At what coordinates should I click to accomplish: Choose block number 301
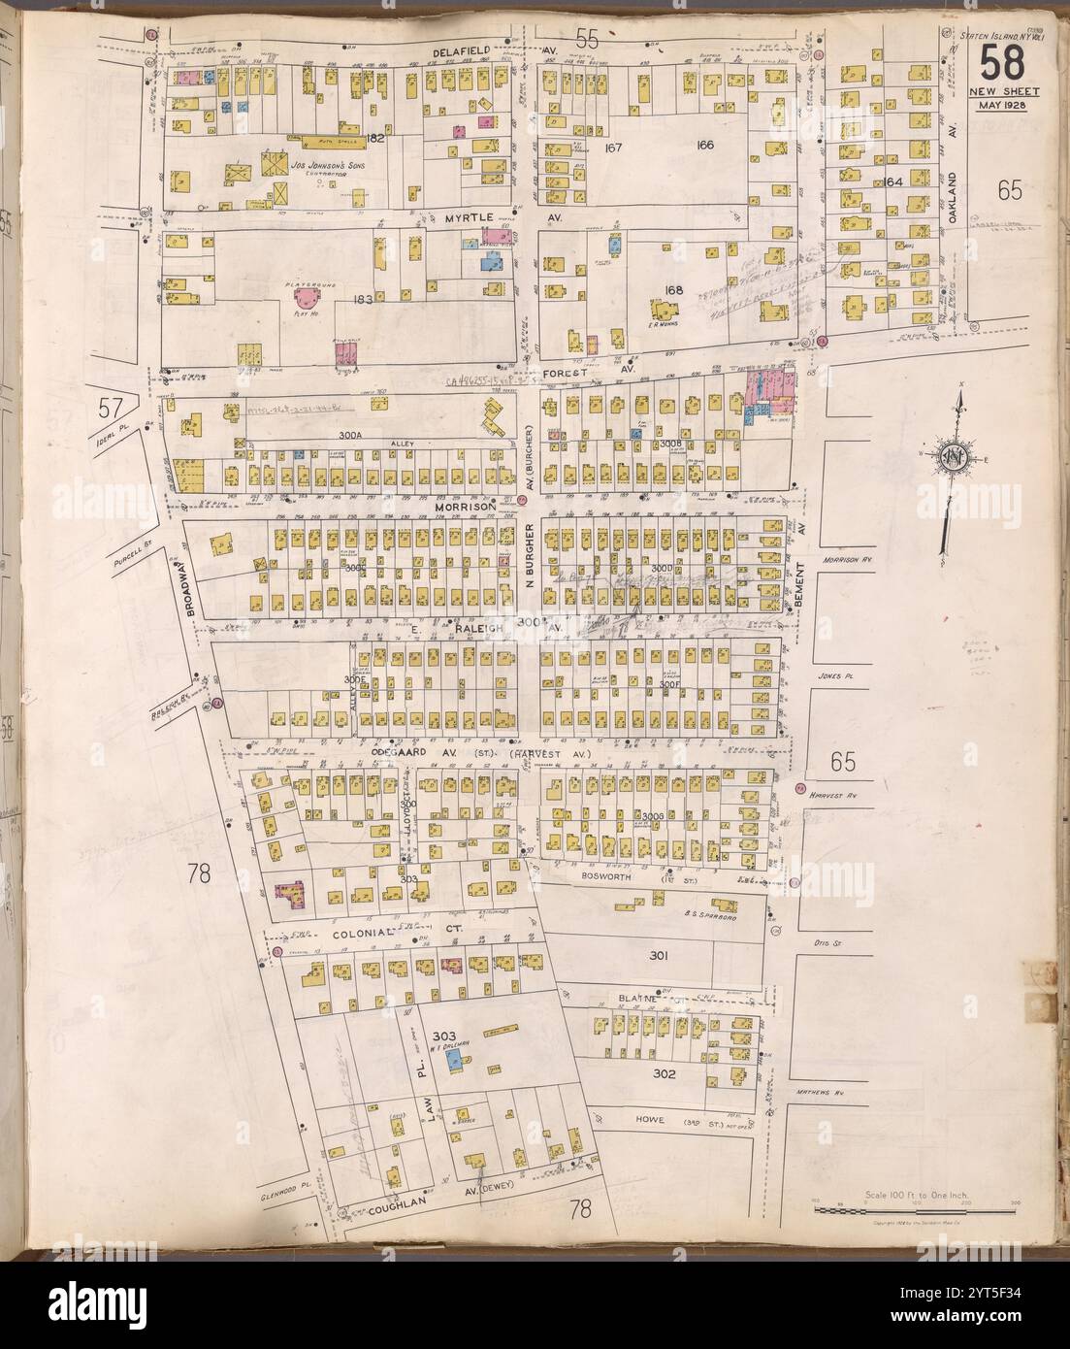point(659,956)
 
